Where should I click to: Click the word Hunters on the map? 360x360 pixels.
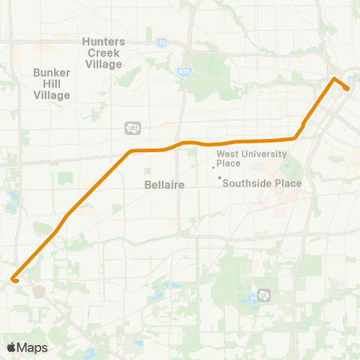click(103, 41)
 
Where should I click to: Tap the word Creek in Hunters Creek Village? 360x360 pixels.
click(103, 52)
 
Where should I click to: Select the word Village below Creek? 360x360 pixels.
click(103, 64)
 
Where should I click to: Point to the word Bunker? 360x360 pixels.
click(51, 73)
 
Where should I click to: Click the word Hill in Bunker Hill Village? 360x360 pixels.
click(51, 84)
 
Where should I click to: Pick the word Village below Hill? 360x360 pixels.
click(51, 95)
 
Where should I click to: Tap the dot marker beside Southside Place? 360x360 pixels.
click(219, 178)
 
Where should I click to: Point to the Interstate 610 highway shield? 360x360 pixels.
click(184, 70)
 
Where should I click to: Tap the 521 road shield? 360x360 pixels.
click(263, 295)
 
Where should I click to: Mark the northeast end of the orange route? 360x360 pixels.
click(346, 88)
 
